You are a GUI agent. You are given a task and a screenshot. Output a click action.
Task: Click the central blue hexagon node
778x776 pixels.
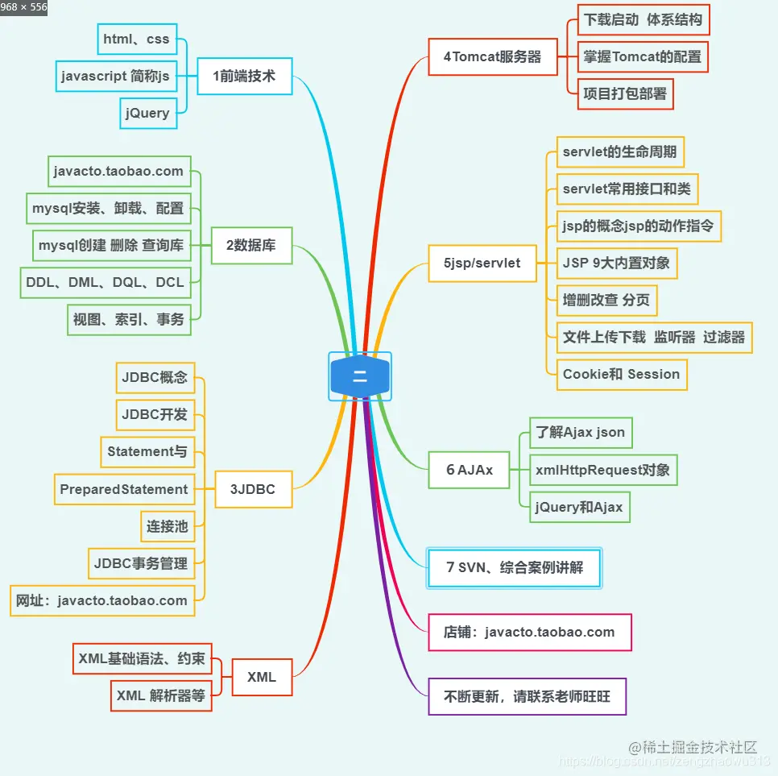point(360,376)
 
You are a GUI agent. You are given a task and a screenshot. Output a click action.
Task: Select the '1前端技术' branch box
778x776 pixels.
point(244,76)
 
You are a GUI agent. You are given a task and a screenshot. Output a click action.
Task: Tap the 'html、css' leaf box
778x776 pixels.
point(136,39)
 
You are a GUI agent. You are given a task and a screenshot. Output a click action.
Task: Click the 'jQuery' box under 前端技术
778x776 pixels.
point(147,113)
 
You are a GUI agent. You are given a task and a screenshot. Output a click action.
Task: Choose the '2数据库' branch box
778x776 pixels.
point(251,245)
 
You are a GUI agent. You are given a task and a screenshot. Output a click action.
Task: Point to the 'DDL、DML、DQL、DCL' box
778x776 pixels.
point(105,282)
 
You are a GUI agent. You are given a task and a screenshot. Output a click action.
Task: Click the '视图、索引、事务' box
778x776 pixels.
point(129,319)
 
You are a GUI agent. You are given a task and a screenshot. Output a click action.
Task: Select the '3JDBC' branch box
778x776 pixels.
point(253,489)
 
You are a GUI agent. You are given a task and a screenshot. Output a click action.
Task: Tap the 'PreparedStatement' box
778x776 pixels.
point(124,489)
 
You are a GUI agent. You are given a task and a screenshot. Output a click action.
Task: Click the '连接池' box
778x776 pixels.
point(167,526)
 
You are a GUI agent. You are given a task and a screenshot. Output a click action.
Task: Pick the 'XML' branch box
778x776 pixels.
point(262,677)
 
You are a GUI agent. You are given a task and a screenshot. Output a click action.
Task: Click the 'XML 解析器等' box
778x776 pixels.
point(160,695)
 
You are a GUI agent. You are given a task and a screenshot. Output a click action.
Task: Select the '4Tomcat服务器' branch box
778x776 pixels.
point(492,57)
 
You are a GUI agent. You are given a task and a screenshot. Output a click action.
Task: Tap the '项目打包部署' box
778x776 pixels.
point(625,93)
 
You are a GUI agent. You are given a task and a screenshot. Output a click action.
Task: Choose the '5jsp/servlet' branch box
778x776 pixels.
point(482,263)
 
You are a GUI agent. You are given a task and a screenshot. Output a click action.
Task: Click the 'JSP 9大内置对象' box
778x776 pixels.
point(616,263)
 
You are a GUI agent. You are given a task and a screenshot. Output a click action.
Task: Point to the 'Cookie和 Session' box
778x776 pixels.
point(621,374)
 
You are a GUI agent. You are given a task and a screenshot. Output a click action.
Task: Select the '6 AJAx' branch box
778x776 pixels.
point(470,470)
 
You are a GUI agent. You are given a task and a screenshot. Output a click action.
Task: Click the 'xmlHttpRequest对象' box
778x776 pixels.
point(602,469)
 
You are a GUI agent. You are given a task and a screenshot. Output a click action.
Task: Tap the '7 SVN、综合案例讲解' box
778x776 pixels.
point(514,567)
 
